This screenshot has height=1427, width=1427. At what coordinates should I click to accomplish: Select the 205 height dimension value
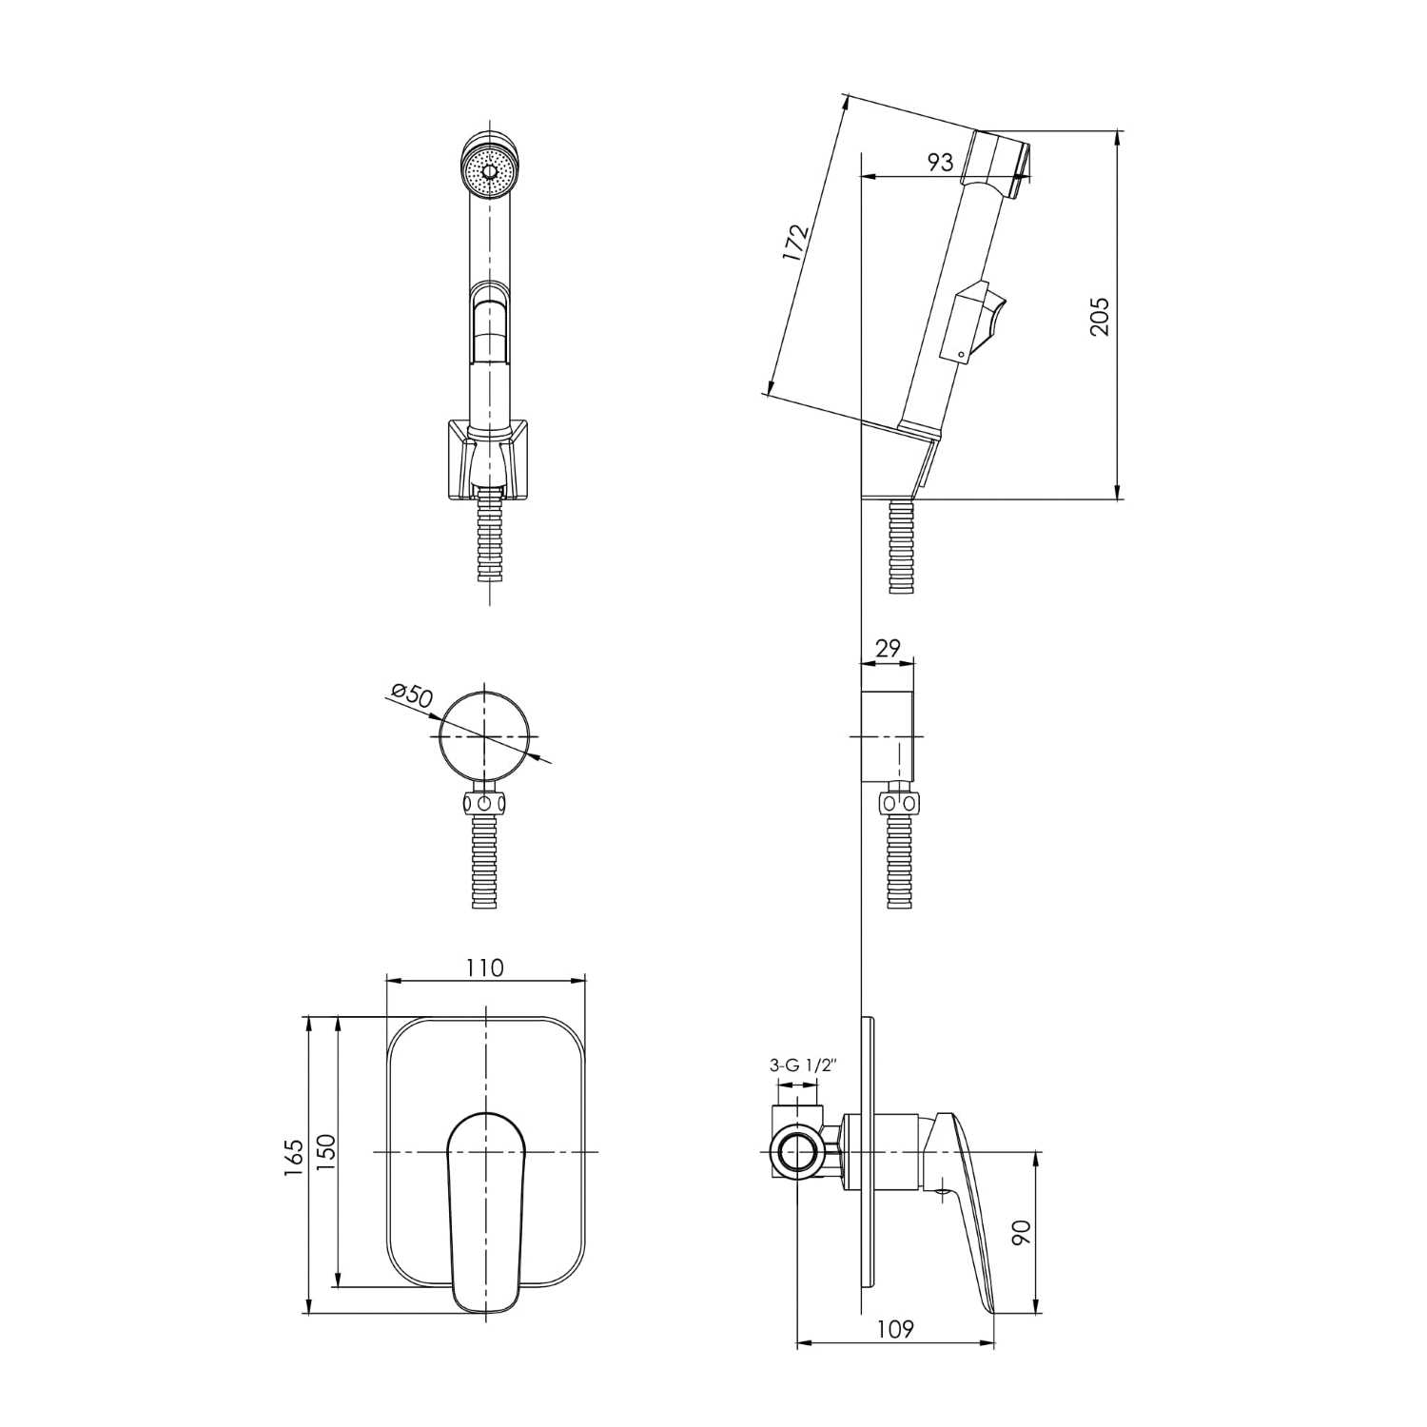point(1100,316)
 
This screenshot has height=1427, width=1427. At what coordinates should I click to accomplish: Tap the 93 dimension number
point(939,162)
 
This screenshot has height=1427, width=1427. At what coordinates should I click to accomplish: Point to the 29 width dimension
point(887,649)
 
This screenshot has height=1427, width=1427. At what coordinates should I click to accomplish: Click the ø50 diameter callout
point(411,694)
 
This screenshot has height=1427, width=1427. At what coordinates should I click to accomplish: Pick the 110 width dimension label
point(485,968)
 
